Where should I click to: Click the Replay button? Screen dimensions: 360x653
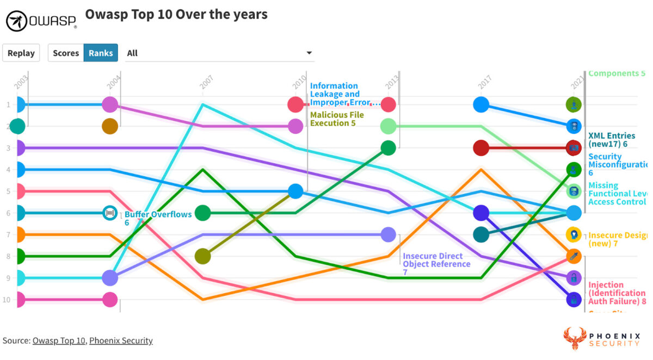coord(21,53)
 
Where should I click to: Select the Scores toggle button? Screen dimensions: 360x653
coord(66,53)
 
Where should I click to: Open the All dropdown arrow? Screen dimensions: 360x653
coord(309,53)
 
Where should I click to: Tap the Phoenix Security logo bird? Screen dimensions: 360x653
coord(576,338)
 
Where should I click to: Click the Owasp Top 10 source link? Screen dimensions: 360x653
coord(59,340)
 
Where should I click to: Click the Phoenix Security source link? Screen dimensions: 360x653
coord(121,340)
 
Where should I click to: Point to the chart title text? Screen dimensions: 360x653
coord(176,14)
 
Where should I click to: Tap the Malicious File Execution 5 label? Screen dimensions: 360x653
coord(337,119)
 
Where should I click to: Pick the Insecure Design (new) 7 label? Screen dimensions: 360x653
coord(617,239)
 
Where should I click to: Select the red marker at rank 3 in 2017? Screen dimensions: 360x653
coord(481,147)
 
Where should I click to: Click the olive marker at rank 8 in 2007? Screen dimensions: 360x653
coord(203,256)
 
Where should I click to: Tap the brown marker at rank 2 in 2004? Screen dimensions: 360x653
coord(110,126)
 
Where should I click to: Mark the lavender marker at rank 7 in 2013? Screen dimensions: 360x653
coord(388,234)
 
